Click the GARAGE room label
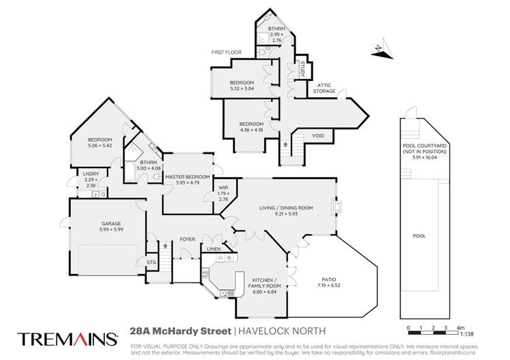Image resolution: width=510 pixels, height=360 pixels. pos(111,224)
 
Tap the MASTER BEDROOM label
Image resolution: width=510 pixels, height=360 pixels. pos(188,177)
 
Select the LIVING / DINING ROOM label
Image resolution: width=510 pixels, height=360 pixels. pos(286,208)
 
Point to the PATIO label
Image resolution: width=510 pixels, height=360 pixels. pos(329,279)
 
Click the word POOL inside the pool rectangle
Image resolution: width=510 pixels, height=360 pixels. pos(419,235)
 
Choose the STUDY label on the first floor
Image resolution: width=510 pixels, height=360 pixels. pos(302,69)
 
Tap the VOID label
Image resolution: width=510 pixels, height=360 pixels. pos(318,135)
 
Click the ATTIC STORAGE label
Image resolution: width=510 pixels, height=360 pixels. pos(324,88)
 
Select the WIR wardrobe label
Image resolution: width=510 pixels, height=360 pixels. pos(223,188)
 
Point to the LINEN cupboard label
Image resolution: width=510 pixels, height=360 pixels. pos(214,249)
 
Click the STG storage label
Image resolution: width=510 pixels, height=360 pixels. pos(152,262)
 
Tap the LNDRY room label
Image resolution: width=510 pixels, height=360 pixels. pos(91,174)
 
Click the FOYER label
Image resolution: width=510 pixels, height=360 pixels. pos(188,240)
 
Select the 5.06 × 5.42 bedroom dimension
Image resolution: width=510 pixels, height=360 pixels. pos(100,146)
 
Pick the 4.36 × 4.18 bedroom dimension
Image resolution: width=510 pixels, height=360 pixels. pos(251,130)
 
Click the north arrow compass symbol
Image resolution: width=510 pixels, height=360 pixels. pos(383,50)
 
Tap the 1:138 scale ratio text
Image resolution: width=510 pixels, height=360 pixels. pos(467,334)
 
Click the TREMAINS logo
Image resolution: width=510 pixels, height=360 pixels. pos(67,339)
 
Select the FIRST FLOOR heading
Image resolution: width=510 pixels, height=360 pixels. pos(226,52)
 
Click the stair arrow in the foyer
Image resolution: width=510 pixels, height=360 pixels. pos(165,245)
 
